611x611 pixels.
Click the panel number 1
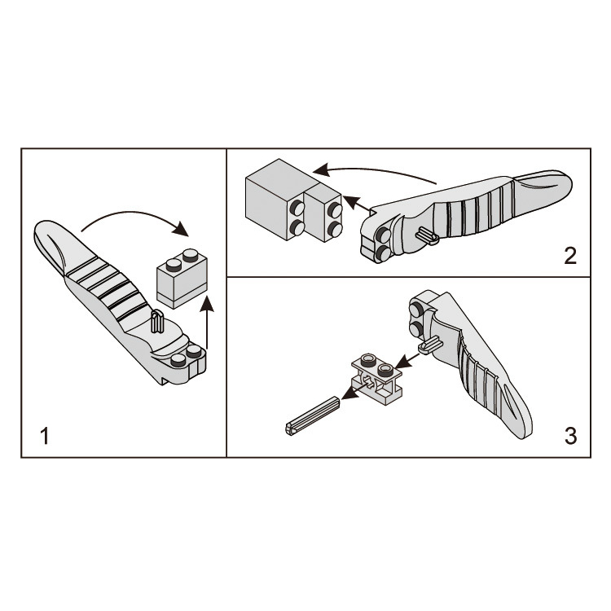[45, 436]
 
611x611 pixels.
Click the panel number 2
[570, 256]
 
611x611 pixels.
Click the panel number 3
[570, 436]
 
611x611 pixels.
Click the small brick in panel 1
[182, 279]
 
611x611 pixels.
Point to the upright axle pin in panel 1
[157, 322]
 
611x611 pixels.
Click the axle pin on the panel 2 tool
[428, 237]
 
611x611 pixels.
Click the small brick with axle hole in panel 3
[376, 376]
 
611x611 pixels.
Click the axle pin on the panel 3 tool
[431, 345]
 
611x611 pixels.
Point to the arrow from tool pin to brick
[408, 361]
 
